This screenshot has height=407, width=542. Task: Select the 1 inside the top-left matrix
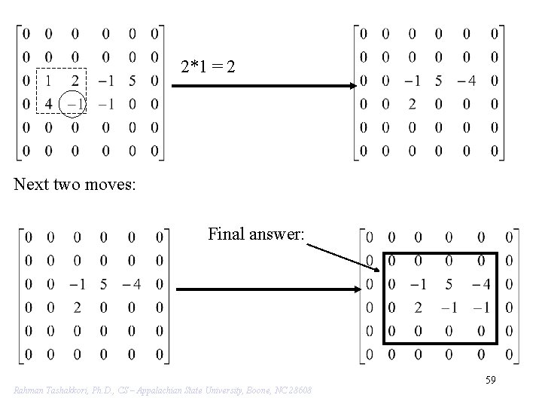pos(49,81)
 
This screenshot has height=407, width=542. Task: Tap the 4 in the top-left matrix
pos(49,104)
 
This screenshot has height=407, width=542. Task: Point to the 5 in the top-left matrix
pos(131,81)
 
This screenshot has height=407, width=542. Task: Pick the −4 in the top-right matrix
pos(465,81)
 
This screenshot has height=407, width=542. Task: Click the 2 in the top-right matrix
pos(412,104)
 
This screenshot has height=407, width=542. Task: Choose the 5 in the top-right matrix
pos(439,81)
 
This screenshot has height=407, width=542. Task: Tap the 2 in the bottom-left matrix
pos(77,308)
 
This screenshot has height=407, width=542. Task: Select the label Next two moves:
pos(75,184)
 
